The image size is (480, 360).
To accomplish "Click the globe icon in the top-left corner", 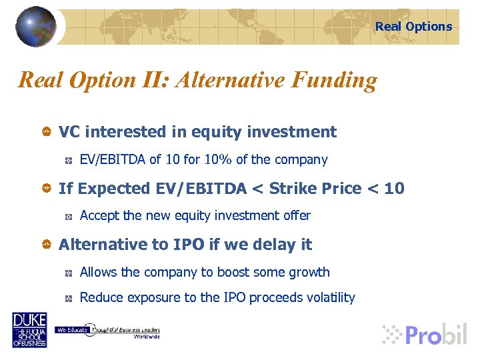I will click(35, 26).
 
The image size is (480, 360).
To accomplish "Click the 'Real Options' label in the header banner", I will click(413, 27).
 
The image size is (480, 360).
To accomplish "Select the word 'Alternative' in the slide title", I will click(231, 80).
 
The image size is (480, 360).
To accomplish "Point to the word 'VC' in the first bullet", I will click(70, 132).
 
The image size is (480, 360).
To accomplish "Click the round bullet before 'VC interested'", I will click(46, 133).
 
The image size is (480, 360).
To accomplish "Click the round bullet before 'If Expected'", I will click(46, 189).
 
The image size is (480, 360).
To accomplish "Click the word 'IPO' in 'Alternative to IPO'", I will click(189, 245).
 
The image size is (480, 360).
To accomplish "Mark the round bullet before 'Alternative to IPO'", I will click(46, 245).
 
